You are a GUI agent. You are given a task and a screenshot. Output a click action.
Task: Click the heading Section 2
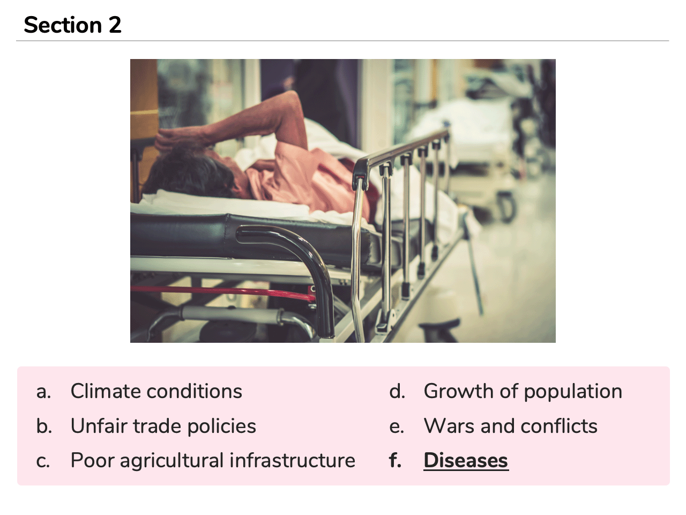click(x=72, y=25)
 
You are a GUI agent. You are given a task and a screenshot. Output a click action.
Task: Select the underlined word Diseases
click(x=466, y=461)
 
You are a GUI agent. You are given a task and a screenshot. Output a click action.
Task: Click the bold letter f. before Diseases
click(x=396, y=460)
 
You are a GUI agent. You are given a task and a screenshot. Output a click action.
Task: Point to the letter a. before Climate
click(x=43, y=392)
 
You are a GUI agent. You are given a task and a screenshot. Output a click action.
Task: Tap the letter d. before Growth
click(x=397, y=391)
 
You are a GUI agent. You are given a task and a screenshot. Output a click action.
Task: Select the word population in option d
click(x=573, y=392)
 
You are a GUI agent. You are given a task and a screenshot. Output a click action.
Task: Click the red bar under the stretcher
click(x=222, y=292)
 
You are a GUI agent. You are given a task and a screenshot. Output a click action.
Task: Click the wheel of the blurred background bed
click(x=506, y=207)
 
